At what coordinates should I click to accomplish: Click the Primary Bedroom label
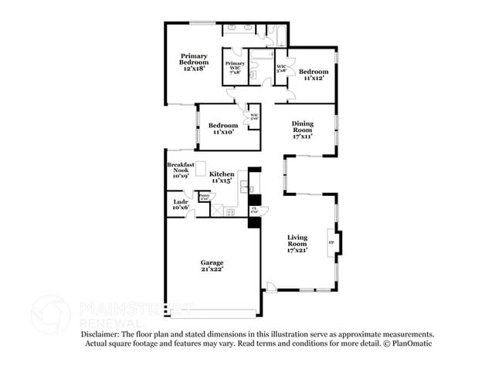click(195, 62)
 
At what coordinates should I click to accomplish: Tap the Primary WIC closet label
click(236, 66)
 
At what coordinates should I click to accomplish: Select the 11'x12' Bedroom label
click(314, 74)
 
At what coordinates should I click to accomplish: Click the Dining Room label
click(303, 128)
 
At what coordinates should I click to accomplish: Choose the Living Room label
click(297, 243)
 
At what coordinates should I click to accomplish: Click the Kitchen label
click(222, 177)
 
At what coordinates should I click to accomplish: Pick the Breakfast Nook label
click(178, 171)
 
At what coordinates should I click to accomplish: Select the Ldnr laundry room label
click(181, 204)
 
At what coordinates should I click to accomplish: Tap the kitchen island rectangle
click(201, 169)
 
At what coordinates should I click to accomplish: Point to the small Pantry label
click(204, 197)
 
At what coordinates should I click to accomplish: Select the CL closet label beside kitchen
click(254, 209)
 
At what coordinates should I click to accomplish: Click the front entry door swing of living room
click(270, 287)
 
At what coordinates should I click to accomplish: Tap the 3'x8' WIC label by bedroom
click(282, 68)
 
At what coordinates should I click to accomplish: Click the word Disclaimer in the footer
click(103, 334)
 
